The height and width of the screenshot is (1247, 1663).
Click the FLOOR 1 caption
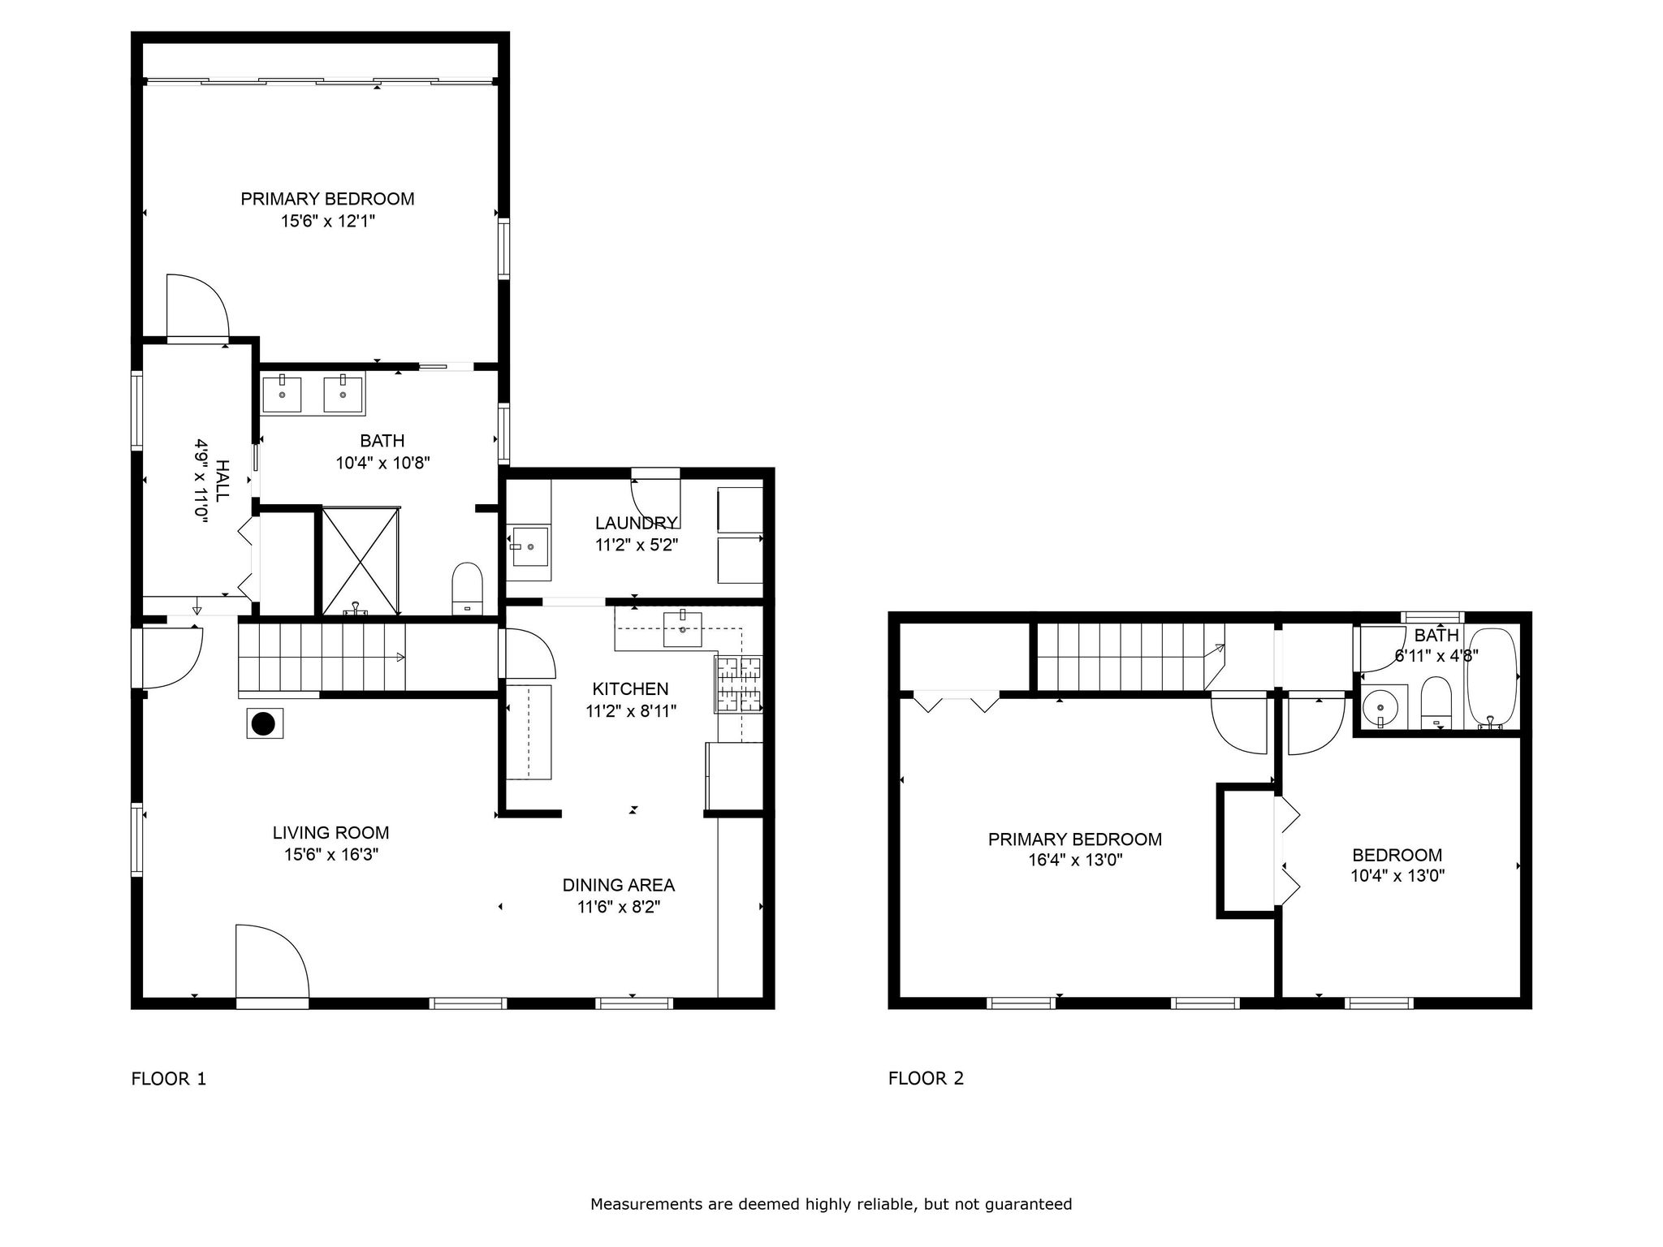click(169, 1079)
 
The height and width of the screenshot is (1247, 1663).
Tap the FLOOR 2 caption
click(926, 1078)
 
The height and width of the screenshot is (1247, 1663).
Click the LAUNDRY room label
click(636, 523)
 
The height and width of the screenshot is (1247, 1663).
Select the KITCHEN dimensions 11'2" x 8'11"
click(631, 711)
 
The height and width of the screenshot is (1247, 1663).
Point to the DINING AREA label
click(619, 885)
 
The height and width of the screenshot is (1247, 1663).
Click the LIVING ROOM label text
click(330, 832)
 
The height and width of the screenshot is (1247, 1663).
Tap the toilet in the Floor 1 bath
click(467, 589)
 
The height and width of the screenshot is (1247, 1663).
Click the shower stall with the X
click(361, 560)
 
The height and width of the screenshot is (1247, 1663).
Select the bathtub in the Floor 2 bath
click(1491, 678)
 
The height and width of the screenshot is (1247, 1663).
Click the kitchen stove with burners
click(738, 684)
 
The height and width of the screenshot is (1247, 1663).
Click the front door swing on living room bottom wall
click(272, 962)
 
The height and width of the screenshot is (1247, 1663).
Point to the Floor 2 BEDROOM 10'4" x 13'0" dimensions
click(1397, 876)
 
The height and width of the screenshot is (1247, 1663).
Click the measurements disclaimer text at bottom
click(831, 1204)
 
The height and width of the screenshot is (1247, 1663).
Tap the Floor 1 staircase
click(322, 657)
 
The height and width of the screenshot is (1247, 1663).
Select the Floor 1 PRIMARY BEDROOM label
click(327, 199)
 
